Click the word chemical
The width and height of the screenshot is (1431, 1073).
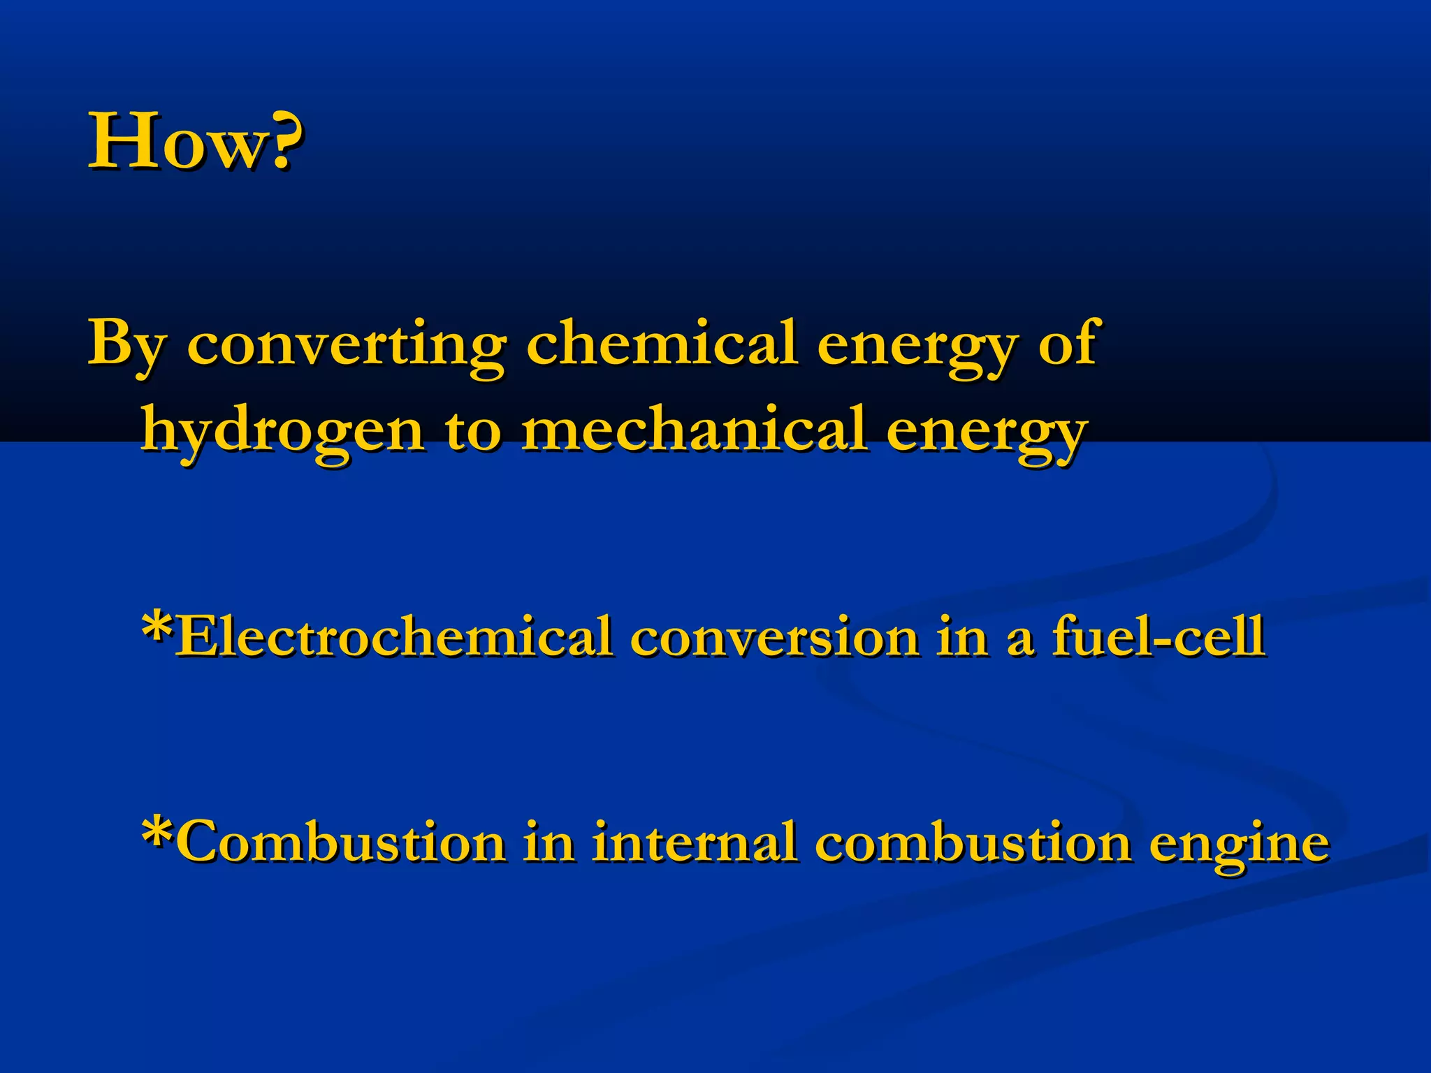(x=661, y=342)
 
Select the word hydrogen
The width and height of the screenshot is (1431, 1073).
(x=282, y=430)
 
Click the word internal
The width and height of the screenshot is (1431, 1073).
(x=695, y=842)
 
